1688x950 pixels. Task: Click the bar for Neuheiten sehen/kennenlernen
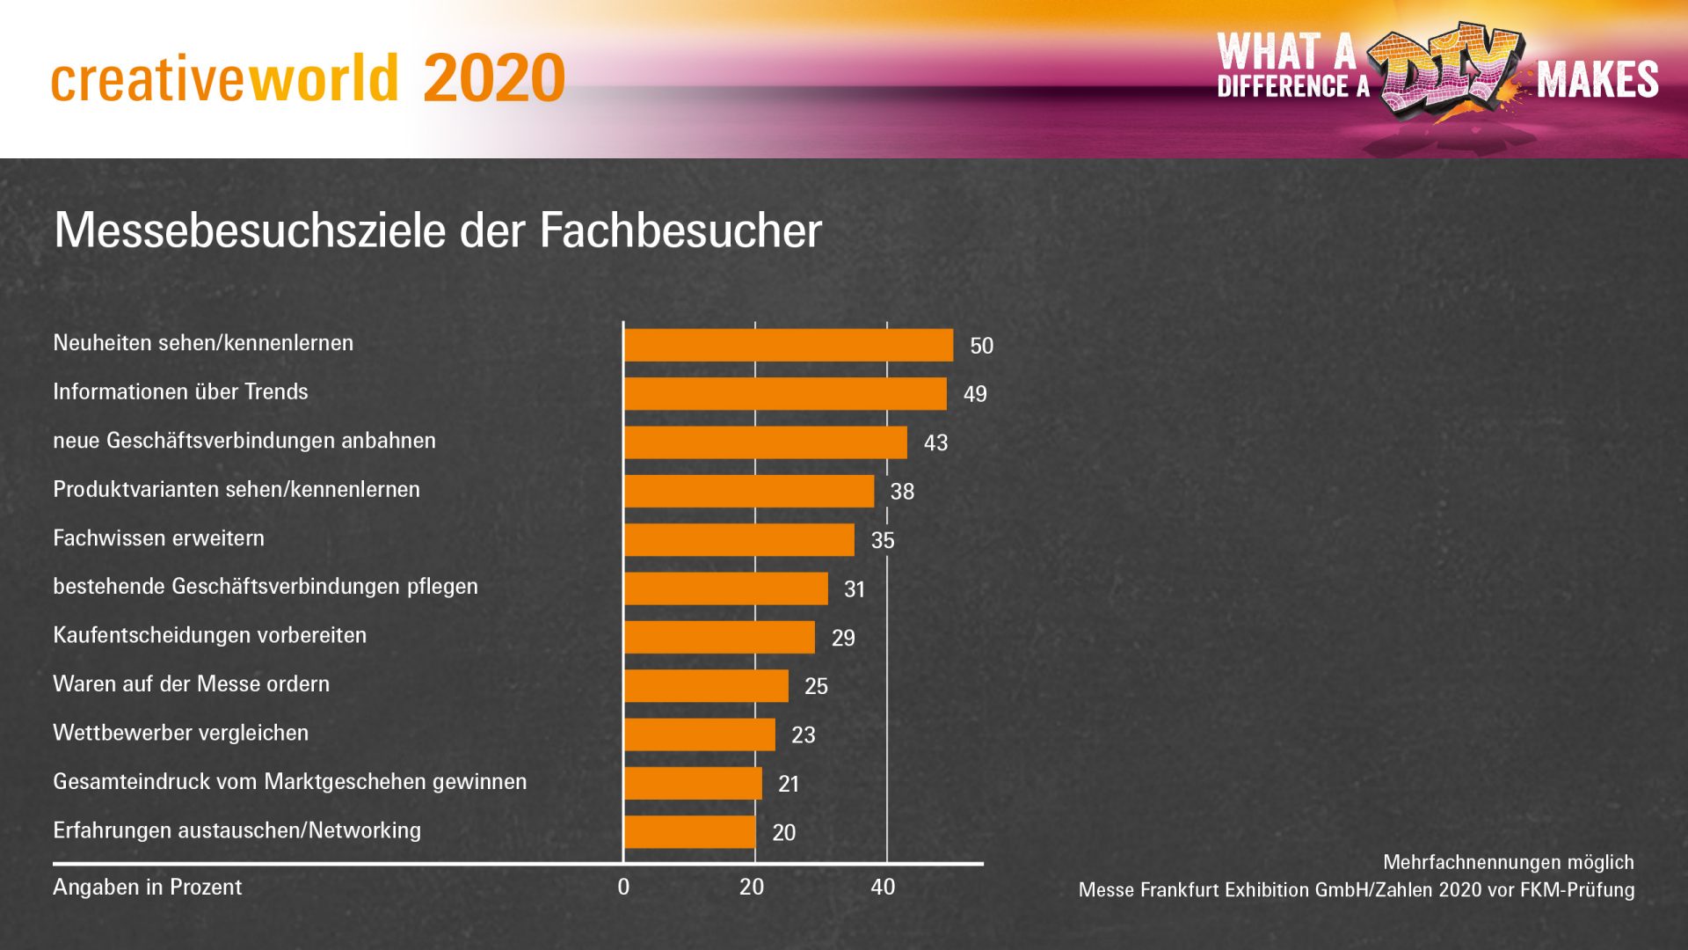[789, 345]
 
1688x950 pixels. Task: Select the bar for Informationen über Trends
[785, 394]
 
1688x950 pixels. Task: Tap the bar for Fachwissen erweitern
[739, 540]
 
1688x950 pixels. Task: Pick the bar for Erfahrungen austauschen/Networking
[690, 832]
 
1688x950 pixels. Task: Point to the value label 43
[935, 443]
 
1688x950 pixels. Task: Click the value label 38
[902, 492]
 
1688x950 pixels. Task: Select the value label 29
[843, 638]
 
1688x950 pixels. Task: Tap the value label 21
[789, 784]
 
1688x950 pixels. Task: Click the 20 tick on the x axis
[752, 887]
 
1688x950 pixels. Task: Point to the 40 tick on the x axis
[883, 887]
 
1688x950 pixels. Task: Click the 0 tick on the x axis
[623, 887]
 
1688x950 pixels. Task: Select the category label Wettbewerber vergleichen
[180, 733]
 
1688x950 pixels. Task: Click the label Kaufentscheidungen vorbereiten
[209, 635]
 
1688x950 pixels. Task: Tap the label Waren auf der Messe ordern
[191, 683]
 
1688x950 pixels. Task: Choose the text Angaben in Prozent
[147, 887]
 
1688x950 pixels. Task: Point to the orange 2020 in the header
[493, 78]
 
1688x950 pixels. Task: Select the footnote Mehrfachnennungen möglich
[1508, 862]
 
